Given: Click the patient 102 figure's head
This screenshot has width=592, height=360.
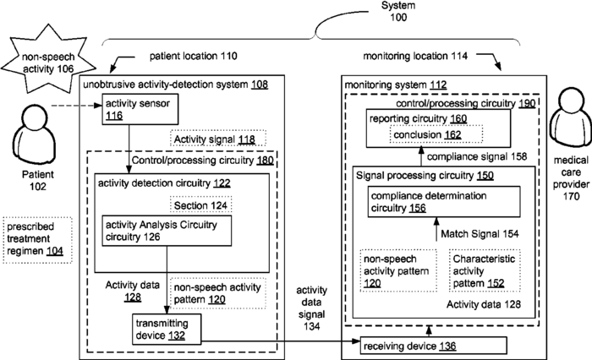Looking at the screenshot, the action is pyautogui.click(x=35, y=117).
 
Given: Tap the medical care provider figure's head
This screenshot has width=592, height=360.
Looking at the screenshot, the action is pyautogui.click(x=571, y=98).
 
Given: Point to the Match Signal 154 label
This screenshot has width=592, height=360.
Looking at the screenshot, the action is pyautogui.click(x=480, y=234).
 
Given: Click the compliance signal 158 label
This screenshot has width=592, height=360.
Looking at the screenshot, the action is pyautogui.click(x=476, y=156).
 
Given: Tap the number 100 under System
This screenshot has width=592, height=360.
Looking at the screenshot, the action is pyautogui.click(x=398, y=18).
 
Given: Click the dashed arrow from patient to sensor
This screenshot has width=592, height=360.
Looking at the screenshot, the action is pyautogui.click(x=77, y=106).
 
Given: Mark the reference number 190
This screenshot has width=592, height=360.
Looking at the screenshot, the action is pyautogui.click(x=527, y=103).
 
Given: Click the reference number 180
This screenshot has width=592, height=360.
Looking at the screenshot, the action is pyautogui.click(x=265, y=161).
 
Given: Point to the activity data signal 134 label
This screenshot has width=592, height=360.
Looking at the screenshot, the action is pyautogui.click(x=311, y=308).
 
